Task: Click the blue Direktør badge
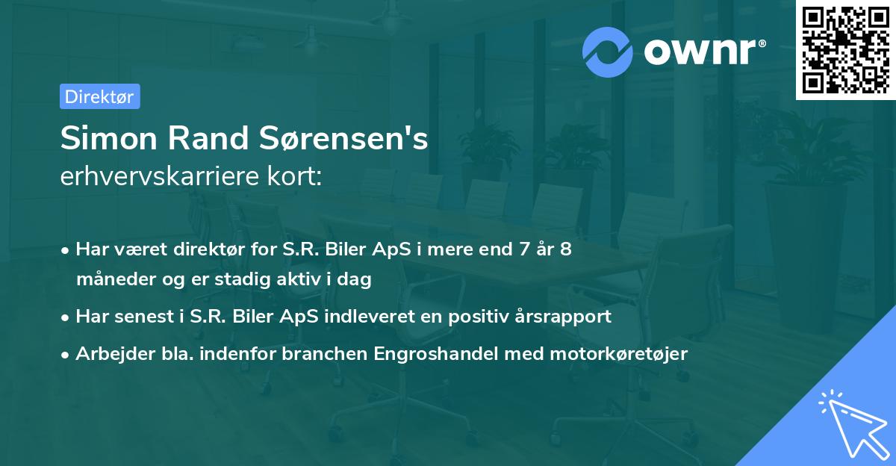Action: point(99,96)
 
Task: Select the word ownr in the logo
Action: point(702,52)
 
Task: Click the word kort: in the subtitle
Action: point(298,178)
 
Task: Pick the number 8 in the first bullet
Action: point(566,249)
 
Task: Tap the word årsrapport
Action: point(563,317)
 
